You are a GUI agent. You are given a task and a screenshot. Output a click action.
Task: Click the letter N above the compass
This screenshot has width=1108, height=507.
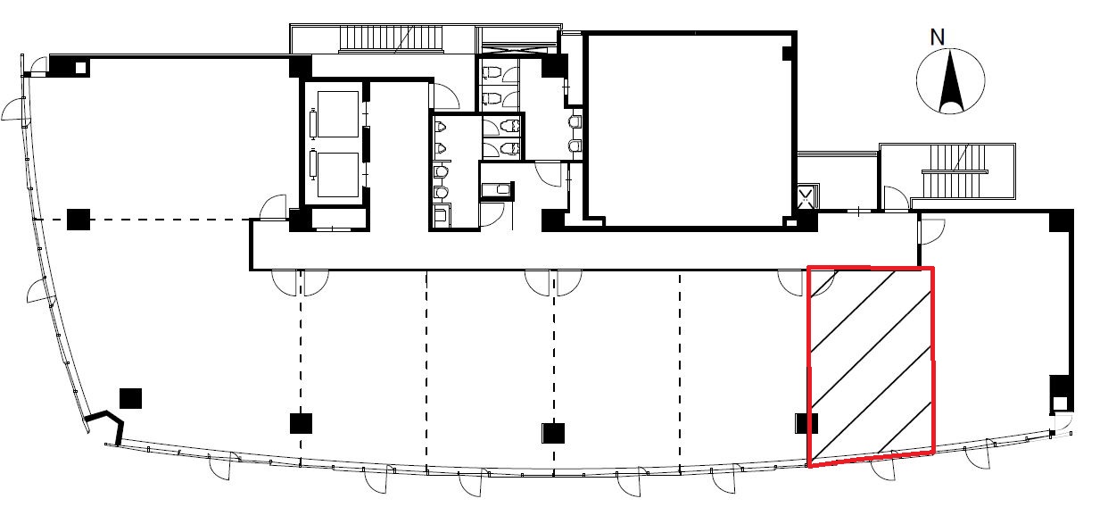pos(938,37)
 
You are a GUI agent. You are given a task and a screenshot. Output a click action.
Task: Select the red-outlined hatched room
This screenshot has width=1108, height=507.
pos(871,366)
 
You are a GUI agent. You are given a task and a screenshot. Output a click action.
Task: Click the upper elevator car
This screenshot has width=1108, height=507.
pos(338,114)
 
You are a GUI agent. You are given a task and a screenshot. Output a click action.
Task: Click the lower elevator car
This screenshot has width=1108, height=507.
pos(338,174)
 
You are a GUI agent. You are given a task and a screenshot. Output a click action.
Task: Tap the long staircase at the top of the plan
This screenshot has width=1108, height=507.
pos(390,38)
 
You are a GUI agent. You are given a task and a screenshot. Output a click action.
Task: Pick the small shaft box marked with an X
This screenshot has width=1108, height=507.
pos(806,197)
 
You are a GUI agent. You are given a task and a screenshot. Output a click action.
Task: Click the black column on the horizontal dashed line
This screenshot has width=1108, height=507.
pos(79,220)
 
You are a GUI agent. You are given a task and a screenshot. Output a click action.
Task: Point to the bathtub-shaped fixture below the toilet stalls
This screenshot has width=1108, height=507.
pos(496,189)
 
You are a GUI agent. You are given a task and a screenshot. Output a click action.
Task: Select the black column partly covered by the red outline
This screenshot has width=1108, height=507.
pos(806,423)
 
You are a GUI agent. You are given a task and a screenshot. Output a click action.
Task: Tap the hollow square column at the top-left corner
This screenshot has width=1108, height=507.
pos(80,67)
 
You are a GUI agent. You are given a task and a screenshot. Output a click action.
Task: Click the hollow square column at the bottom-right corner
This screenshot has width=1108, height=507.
pos(1060,403)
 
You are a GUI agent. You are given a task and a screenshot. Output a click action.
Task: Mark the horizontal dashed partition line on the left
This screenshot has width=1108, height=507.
pos(144,220)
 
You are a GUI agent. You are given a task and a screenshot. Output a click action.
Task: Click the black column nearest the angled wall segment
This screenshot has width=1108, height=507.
pos(130,399)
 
